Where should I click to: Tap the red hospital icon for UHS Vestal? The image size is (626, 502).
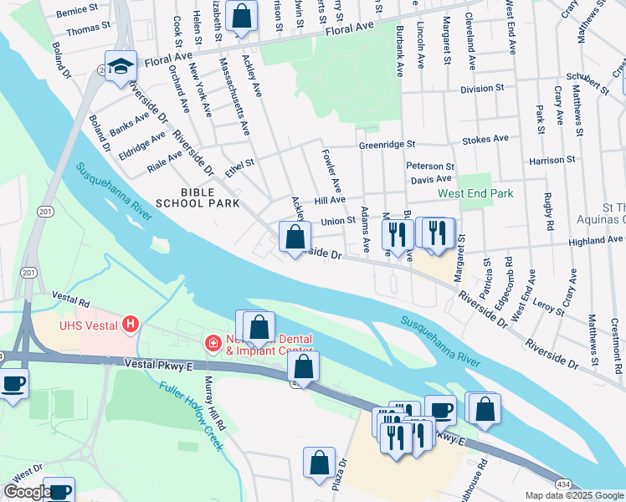(x=130, y=323)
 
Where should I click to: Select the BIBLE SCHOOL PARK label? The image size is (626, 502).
(x=198, y=197)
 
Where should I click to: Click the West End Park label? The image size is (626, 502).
(x=475, y=193)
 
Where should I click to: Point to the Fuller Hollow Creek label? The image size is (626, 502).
(x=192, y=413)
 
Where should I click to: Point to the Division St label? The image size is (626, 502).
(x=482, y=87)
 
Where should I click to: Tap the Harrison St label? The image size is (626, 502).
(x=552, y=159)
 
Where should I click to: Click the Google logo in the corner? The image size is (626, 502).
(x=27, y=492)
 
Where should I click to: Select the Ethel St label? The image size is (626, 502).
(x=239, y=167)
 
